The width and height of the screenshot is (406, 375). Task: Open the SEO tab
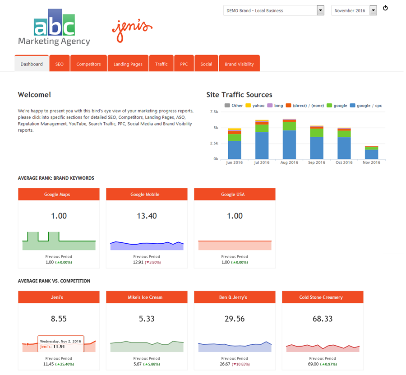point(60,64)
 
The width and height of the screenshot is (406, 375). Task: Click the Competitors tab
point(88,64)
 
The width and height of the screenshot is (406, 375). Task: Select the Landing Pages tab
point(128,64)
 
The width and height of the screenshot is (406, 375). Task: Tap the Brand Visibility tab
point(239,64)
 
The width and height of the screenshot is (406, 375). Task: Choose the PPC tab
point(184,64)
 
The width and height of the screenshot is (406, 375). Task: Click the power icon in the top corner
point(385,8)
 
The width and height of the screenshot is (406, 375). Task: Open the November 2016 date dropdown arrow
point(373,11)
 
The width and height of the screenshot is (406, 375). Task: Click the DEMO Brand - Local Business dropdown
point(273,11)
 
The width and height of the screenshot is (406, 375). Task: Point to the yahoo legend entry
point(255,106)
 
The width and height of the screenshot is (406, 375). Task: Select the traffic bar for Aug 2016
point(289,139)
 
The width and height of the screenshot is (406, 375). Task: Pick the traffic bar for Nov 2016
point(371,153)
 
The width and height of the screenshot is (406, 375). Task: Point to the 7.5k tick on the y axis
point(214,112)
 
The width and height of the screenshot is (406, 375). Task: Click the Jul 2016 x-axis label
point(262,162)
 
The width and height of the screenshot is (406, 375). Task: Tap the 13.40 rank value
point(147,216)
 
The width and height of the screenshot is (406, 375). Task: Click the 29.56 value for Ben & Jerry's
point(235,319)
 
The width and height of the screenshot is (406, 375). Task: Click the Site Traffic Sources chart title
point(239,95)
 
